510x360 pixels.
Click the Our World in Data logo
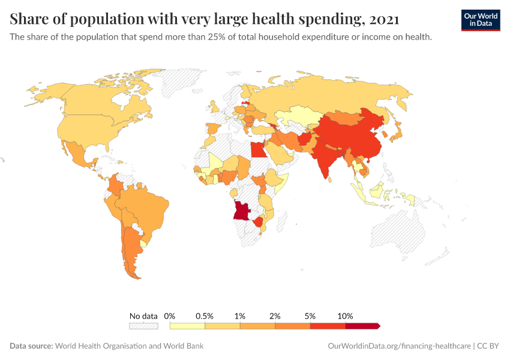(480, 19)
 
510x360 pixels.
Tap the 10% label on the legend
(346, 316)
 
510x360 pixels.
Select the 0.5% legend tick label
(205, 316)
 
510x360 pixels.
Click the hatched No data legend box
(143, 326)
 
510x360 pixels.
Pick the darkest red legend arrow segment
(362, 326)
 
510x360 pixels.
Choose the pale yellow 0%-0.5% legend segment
(188, 326)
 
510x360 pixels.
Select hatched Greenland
(186, 84)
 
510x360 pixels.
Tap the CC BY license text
(488, 346)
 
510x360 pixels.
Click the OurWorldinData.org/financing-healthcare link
(400, 346)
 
